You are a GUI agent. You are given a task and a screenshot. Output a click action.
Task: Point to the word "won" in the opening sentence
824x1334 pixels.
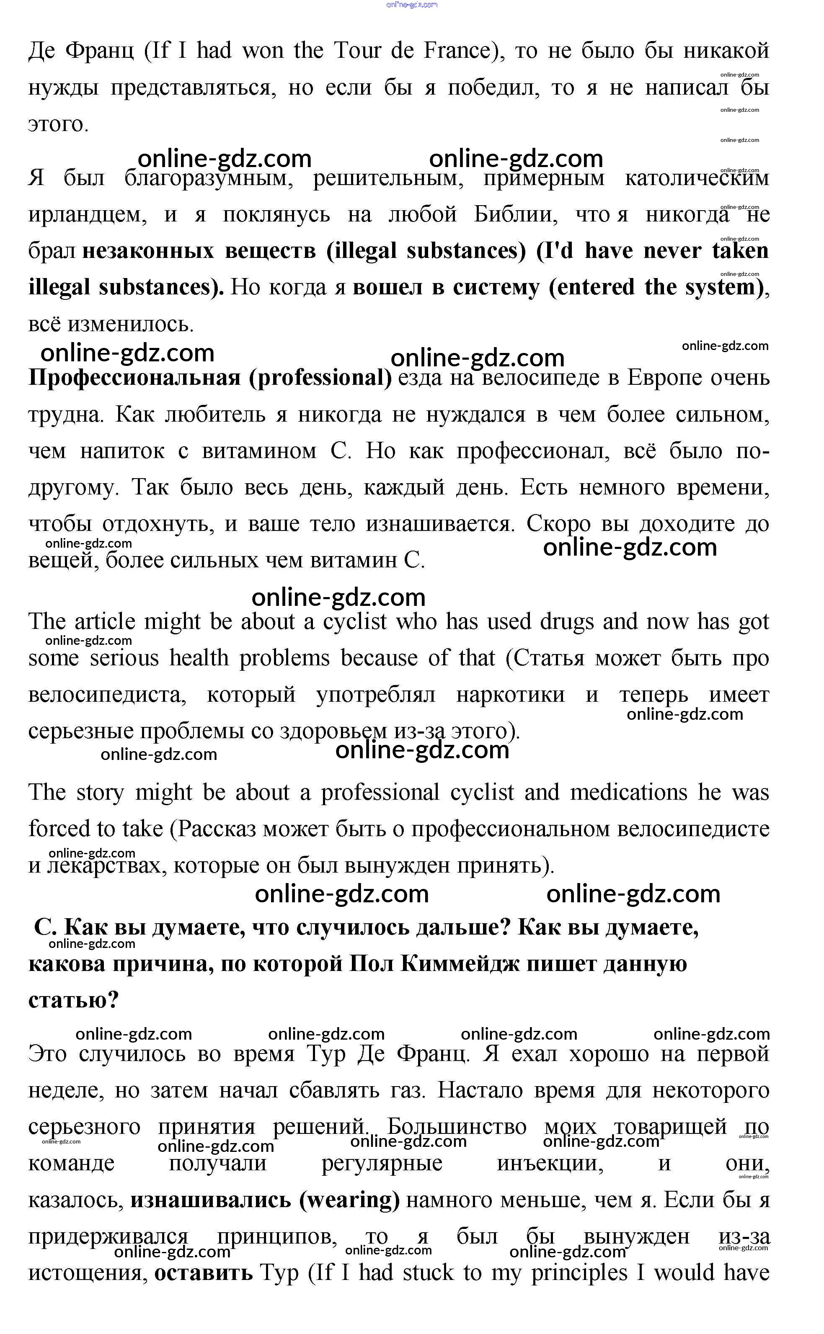[263, 51]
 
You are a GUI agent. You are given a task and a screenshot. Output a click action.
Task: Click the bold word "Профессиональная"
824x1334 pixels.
[134, 378]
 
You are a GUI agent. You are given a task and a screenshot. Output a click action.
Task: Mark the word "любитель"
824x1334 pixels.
[215, 415]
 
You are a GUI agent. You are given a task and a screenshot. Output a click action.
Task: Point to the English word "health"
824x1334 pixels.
[199, 658]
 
